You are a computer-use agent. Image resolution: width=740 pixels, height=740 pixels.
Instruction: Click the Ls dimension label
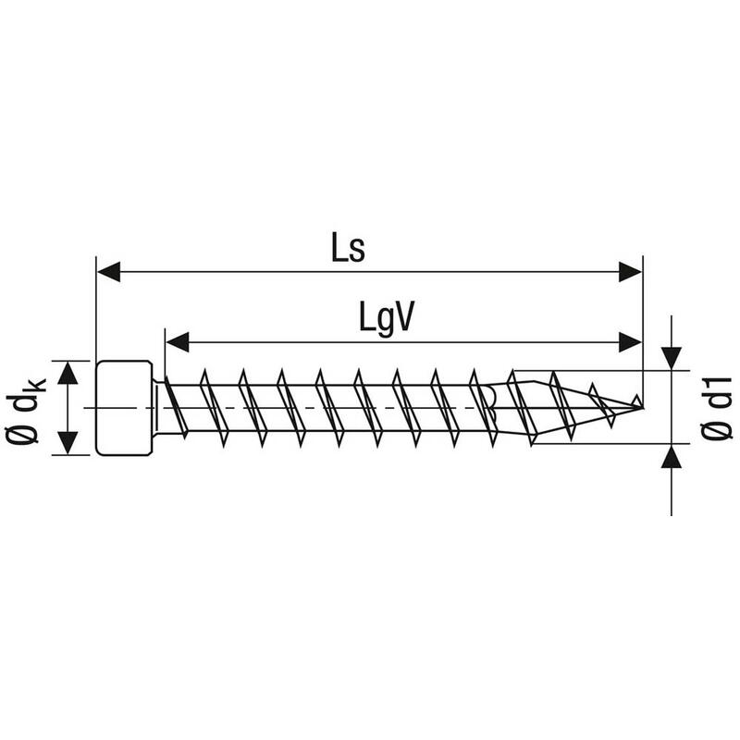pyautogui.click(x=349, y=249)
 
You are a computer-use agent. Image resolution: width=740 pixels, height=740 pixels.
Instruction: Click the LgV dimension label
pyautogui.click(x=387, y=317)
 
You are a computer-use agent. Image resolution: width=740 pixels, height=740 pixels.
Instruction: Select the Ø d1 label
pyautogui.click(x=716, y=408)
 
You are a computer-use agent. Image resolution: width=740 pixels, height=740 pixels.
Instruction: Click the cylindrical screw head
pyautogui.click(x=124, y=408)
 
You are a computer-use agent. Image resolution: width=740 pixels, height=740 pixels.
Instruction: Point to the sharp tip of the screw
pyautogui.click(x=642, y=407)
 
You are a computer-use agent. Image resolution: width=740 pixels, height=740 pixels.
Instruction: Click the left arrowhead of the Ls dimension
pyautogui.click(x=108, y=272)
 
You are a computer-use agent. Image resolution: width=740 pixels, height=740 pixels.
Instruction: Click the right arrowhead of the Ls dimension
pyautogui.click(x=630, y=272)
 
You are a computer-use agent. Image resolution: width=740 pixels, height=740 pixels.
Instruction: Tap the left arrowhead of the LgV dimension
pyautogui.click(x=178, y=341)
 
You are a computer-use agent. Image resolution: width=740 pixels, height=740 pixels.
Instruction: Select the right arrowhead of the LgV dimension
pyautogui.click(x=630, y=341)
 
